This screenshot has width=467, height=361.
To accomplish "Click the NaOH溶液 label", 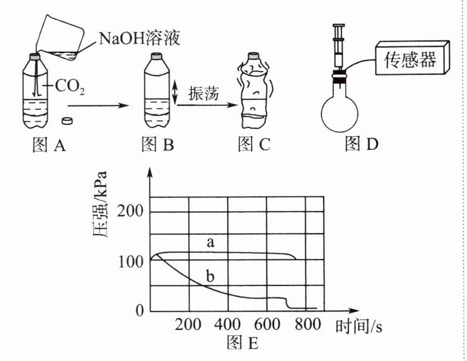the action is [139, 40].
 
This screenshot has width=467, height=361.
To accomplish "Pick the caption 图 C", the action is [253, 144].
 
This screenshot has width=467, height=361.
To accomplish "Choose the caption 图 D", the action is [362, 144].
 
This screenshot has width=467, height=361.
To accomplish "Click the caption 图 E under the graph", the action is [243, 343].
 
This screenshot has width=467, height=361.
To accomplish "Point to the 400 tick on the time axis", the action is [227, 325].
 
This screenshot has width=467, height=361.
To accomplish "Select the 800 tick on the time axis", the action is [306, 325].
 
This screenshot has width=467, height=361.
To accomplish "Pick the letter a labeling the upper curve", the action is [209, 242].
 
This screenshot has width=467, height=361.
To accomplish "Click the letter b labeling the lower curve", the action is [209, 276].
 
